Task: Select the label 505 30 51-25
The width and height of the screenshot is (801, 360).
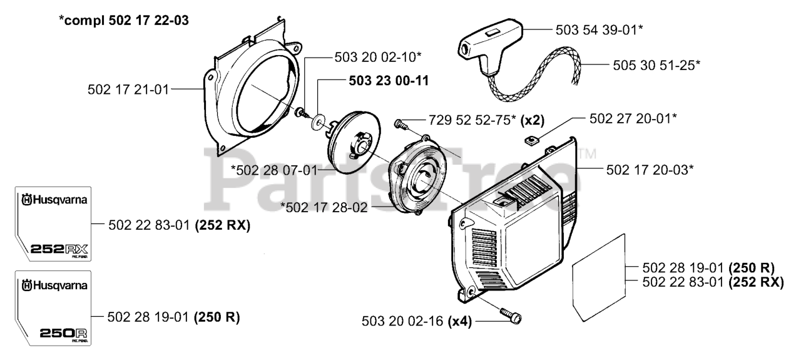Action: pyautogui.click(x=647, y=64)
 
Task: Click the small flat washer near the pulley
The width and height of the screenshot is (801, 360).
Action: pyautogui.click(x=321, y=118)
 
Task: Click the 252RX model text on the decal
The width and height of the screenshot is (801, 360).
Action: pyautogui.click(x=58, y=250)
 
